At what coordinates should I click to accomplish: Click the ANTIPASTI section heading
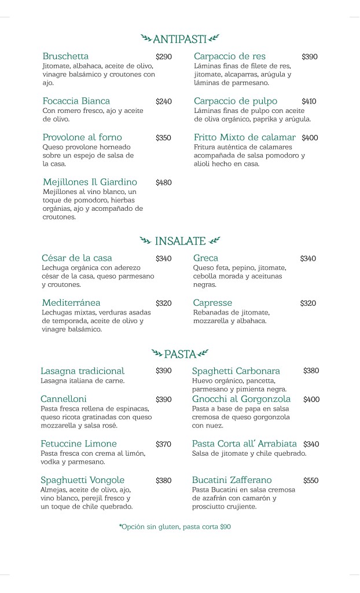coord(179,39)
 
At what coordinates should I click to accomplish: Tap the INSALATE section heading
coord(180,240)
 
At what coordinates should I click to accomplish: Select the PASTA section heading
coord(179,353)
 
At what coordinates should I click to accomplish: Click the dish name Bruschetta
coord(65,56)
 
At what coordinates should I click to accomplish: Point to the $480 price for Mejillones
coord(164,182)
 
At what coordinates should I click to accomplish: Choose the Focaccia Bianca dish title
coord(76,101)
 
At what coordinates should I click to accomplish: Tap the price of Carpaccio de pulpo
coord(309,101)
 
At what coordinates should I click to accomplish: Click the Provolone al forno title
coord(82,137)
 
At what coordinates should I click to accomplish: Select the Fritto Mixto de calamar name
coord(245,137)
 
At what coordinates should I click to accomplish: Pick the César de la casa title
coord(77,258)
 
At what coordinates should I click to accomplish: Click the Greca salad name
coord(205,258)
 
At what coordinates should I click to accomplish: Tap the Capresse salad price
coord(308,303)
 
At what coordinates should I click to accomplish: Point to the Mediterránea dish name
coord(71,302)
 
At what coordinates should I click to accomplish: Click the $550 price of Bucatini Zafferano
coord(311,480)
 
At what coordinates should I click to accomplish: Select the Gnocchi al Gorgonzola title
coord(241,399)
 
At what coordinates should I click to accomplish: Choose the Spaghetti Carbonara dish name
coord(236,371)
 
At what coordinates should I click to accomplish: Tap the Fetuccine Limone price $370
coord(163,444)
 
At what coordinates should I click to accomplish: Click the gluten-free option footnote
coord(175,527)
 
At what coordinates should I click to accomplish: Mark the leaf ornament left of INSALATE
coord(145,240)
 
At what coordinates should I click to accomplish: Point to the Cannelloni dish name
coord(64,399)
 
